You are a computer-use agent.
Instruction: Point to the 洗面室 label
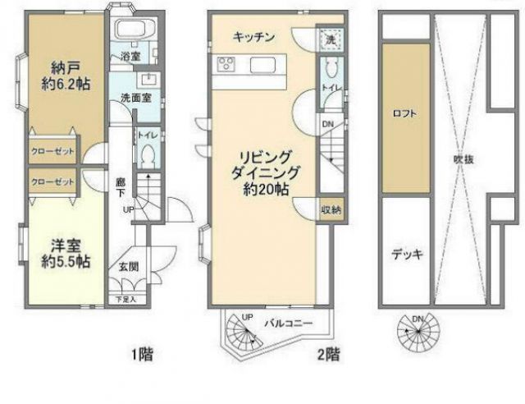tap(132, 97)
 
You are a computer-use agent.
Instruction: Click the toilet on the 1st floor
tap(148, 155)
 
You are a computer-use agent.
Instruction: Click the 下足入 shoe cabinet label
tap(125, 300)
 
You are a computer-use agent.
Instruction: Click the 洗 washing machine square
tap(327, 39)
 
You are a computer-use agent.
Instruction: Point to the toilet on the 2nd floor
tap(331, 69)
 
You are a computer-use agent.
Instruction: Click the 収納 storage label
tap(329, 209)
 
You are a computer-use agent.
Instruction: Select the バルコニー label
tap(288, 323)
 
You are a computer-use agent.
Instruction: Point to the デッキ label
tap(405, 254)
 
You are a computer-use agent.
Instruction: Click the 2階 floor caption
tap(328, 356)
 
